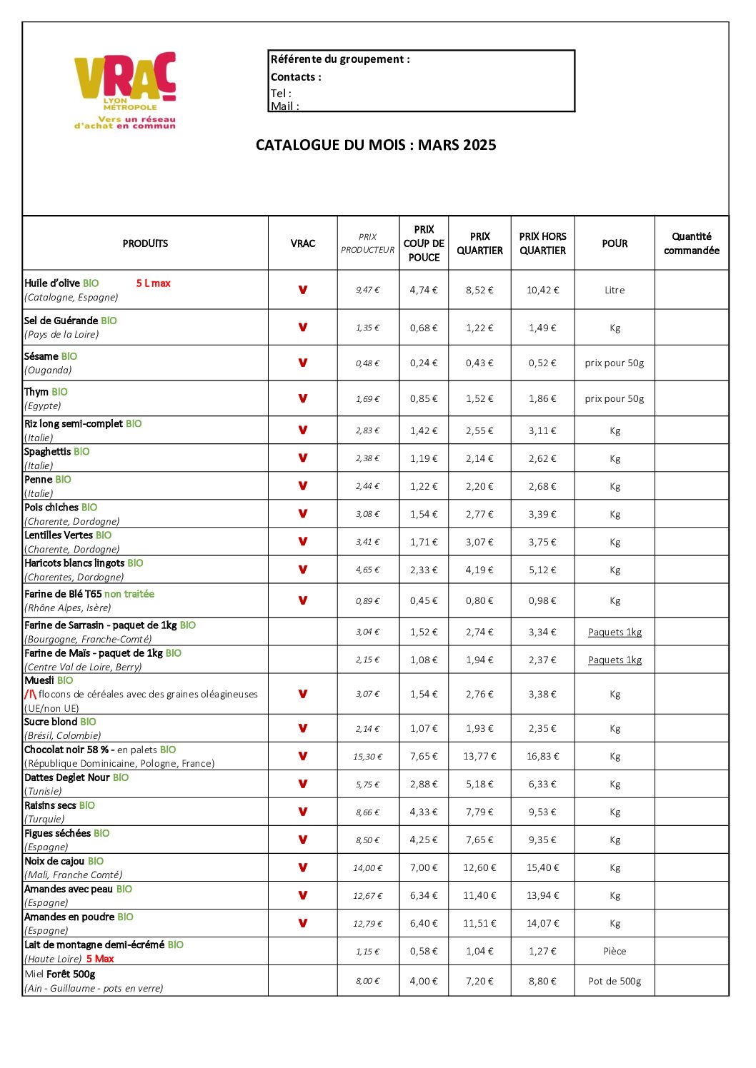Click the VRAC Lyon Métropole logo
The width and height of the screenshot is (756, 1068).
click(x=125, y=89)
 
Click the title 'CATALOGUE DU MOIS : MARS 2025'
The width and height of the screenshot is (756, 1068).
click(x=376, y=145)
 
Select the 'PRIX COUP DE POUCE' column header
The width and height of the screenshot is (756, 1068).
click(x=424, y=243)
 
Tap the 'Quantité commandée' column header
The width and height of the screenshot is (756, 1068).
click(x=691, y=243)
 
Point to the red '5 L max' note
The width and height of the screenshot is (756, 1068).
click(x=153, y=283)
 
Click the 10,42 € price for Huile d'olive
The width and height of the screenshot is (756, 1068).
click(x=542, y=291)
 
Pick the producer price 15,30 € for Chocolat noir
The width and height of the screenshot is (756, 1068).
click(x=367, y=757)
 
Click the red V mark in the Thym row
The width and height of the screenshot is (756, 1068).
click(x=303, y=398)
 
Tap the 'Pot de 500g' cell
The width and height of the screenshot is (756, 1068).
click(x=615, y=982)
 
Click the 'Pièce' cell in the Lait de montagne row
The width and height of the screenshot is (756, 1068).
click(x=615, y=952)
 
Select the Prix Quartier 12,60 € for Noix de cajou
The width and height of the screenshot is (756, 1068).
click(x=479, y=868)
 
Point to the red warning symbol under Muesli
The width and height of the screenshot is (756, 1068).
click(x=30, y=694)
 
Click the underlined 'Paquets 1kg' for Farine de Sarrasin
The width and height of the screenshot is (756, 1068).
click(x=615, y=633)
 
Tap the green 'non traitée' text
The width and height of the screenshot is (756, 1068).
click(x=129, y=594)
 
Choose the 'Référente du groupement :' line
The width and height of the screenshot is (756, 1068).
click(x=340, y=59)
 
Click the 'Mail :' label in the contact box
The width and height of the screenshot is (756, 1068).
click(x=284, y=106)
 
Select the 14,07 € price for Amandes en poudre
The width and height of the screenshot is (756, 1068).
click(x=542, y=924)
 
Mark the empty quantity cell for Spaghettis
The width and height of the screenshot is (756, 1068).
click(x=691, y=458)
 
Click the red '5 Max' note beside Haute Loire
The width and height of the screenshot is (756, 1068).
click(x=100, y=959)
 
